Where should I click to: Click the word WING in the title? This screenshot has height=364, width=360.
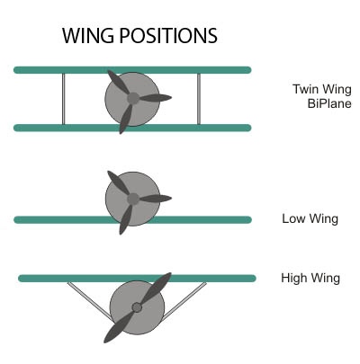tap(88, 36)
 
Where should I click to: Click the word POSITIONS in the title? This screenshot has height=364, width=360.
tap(168, 36)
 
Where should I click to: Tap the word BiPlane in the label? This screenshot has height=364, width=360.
tap(329, 103)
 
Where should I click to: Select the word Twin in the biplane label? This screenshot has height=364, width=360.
tap(306, 89)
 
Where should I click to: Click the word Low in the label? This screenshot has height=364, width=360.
tap(294, 218)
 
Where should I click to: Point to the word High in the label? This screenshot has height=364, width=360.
tap(294, 278)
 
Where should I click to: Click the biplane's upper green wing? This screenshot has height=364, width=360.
tap(132, 70)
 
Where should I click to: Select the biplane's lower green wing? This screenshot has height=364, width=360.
tap(132, 128)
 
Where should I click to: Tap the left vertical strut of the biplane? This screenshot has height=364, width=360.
tap(64, 99)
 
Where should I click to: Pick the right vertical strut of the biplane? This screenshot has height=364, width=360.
tap(199, 99)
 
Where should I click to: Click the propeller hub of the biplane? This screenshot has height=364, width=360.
tap(133, 98)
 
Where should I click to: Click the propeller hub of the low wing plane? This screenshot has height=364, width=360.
tap(133, 199)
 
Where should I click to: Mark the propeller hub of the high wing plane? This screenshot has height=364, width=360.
tap(137, 307)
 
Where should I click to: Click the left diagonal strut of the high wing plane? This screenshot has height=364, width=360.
tap(89, 300)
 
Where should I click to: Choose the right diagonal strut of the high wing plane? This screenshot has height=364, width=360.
tap(184, 300)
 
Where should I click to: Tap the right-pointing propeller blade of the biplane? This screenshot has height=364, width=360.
tap(155, 98)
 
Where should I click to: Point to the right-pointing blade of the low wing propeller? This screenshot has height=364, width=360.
tap(155, 199)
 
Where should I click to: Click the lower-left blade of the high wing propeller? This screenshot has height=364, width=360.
tap(119, 327)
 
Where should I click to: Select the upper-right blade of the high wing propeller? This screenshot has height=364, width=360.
tap(156, 288)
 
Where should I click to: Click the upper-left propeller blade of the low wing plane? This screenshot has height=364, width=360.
tap(118, 182)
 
